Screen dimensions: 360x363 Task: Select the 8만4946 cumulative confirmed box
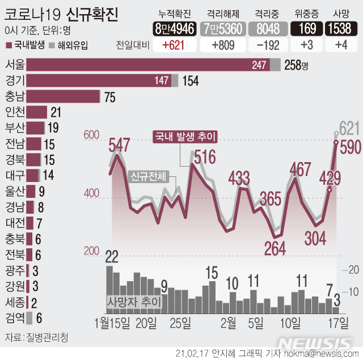(x=172, y=28)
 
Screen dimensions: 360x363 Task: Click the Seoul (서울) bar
(x=147, y=65)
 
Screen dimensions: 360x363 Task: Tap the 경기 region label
(x=14, y=81)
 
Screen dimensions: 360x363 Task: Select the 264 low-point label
(x=274, y=247)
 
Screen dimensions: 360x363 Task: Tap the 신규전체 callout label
(x=148, y=176)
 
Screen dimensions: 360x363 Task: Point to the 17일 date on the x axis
(x=339, y=323)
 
